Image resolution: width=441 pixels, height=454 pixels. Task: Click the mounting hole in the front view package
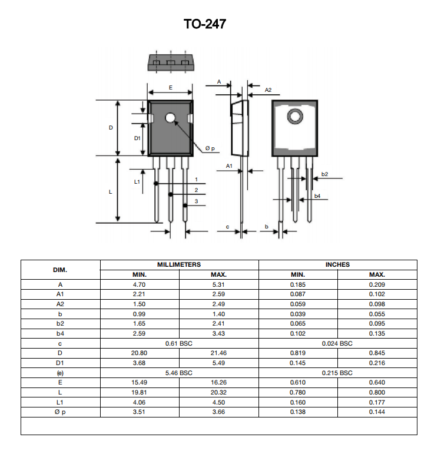(171, 118)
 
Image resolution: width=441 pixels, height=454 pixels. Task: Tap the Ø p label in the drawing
(210, 148)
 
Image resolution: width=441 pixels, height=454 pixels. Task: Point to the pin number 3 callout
(196, 201)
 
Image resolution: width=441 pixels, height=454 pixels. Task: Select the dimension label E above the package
(171, 87)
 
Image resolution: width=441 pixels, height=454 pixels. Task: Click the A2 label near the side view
(268, 90)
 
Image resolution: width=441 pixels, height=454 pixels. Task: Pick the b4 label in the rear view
(317, 195)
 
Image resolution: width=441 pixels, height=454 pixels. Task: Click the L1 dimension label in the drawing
(137, 181)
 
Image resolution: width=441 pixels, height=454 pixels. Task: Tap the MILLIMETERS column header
(179, 265)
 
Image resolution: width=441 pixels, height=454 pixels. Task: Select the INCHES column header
(337, 265)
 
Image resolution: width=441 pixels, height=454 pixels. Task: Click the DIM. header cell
(60, 270)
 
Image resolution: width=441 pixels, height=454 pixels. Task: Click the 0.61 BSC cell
(179, 343)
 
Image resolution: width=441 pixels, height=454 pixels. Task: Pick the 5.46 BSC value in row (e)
(179, 373)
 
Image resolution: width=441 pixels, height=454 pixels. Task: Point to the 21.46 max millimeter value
(218, 353)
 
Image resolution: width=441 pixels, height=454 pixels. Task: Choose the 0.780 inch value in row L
(298, 392)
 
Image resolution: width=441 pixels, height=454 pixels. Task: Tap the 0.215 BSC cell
(337, 373)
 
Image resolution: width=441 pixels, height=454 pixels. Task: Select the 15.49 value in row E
(140, 383)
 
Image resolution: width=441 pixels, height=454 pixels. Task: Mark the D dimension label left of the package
(111, 128)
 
